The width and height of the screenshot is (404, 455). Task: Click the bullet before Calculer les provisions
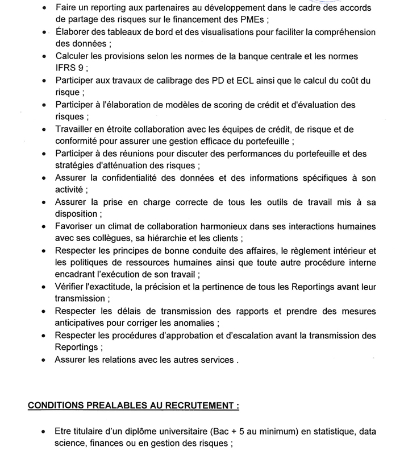click(45, 56)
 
